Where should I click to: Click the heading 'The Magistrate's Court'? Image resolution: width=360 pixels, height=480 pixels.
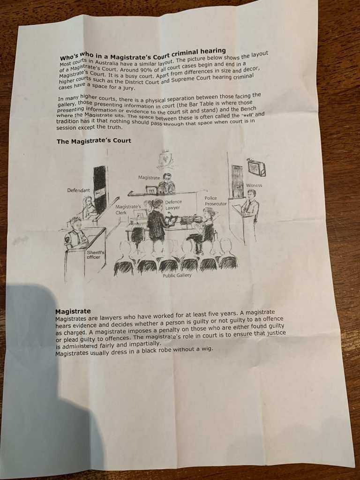coord(94,141)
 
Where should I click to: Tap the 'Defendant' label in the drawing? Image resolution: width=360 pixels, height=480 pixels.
coord(79,190)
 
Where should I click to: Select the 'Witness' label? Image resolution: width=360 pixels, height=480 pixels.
coord(254,185)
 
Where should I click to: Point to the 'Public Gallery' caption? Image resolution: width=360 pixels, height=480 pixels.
coord(177,275)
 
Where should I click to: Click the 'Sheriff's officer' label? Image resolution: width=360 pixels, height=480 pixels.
coord(96,255)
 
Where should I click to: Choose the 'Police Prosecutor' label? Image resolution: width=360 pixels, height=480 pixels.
coord(216,201)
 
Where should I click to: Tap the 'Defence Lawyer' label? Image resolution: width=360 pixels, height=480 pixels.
coord(173,205)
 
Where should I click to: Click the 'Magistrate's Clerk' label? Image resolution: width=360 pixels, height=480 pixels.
coord(128,210)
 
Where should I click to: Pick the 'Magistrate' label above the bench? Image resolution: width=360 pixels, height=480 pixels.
coord(149,178)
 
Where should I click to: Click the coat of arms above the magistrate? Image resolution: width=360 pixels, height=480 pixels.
coord(165,159)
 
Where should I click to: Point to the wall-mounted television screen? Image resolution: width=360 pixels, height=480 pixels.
coord(256,167)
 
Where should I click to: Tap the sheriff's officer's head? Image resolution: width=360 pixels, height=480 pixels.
coord(75,225)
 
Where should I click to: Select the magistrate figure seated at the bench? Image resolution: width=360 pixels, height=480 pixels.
coord(166,184)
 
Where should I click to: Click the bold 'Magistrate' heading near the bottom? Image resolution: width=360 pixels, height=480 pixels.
coord(73,311)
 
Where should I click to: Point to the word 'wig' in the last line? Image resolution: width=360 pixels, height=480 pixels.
coord(206,348)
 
